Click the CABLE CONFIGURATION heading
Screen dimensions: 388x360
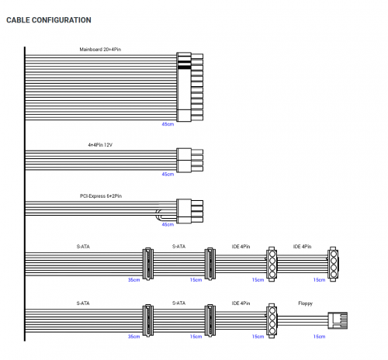pos(49,20)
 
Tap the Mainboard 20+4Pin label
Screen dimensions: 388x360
pos(100,50)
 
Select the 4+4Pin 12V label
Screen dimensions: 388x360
pos(100,145)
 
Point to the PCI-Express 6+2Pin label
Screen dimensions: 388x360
pos(101,196)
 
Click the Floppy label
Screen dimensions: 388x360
pos(305,303)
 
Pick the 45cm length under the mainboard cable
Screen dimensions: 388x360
pos(168,124)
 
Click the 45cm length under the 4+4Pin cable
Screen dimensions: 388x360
pos(168,175)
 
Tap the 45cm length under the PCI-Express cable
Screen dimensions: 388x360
pos(168,224)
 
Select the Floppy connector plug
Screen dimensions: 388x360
pos(338,320)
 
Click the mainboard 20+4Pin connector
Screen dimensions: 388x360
pos(189,87)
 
